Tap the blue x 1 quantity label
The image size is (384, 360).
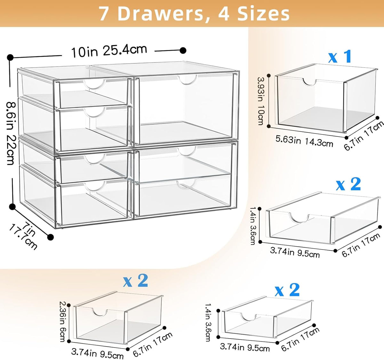340,56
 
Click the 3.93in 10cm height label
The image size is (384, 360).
262,101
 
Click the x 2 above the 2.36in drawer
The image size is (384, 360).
136,281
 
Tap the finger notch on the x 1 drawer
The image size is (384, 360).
309,83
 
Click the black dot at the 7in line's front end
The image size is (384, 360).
51,236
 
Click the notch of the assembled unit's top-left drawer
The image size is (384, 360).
95,85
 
